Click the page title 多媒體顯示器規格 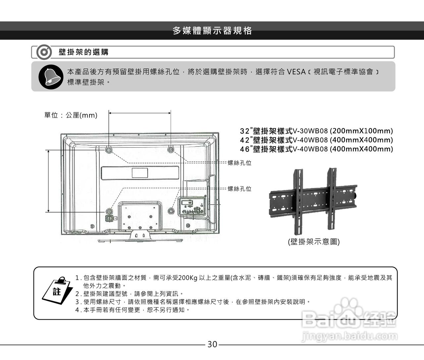tap(212, 31)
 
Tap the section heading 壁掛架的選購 tap(83, 52)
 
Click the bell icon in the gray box tap(50, 77)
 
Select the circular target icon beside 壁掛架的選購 tap(44, 52)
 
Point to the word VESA tap(296, 72)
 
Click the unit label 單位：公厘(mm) tap(71, 115)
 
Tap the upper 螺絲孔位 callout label tap(239, 163)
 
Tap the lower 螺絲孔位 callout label tap(239, 189)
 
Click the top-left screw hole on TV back tap(109, 150)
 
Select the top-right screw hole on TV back tap(171, 150)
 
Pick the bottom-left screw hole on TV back tap(109, 211)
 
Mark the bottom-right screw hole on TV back tap(171, 211)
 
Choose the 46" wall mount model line tap(316, 149)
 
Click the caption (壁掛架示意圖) tap(314, 242)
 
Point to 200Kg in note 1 tap(187, 278)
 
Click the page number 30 tap(212, 344)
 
